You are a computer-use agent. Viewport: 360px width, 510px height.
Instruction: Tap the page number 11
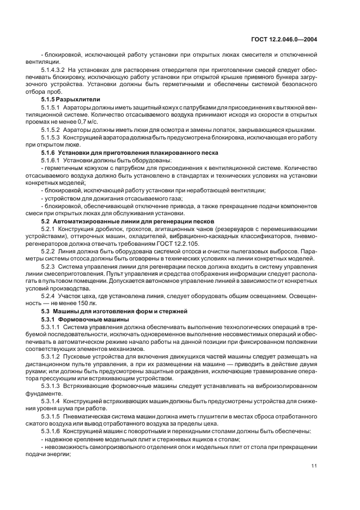pos(314,466)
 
